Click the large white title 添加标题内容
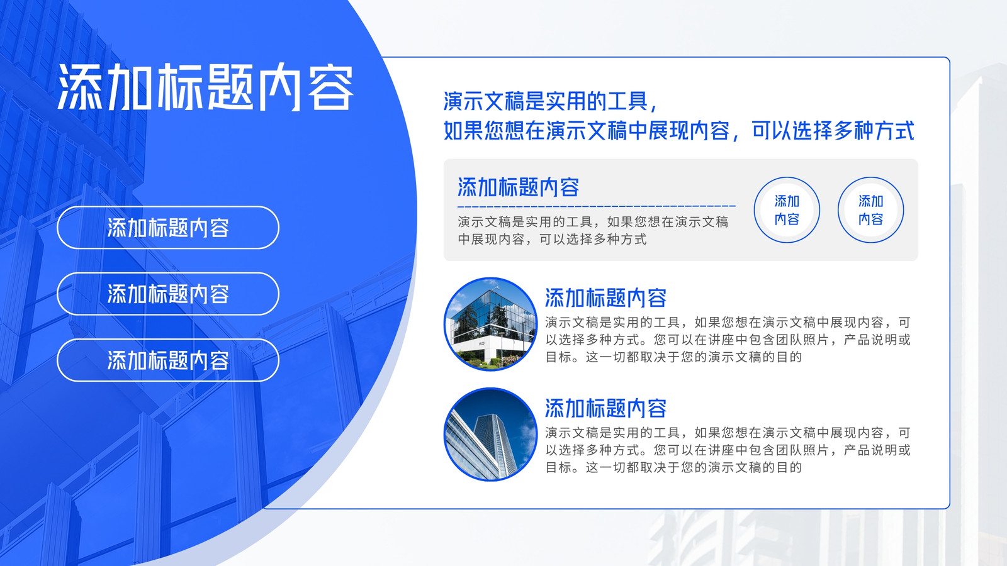(x=205, y=87)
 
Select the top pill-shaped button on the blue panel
(x=168, y=227)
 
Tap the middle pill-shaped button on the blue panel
(x=168, y=294)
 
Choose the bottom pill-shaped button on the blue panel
(x=168, y=360)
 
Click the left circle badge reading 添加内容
(x=787, y=210)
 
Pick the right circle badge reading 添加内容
(x=871, y=210)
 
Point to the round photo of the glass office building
(x=490, y=324)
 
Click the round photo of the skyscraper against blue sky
(x=490, y=435)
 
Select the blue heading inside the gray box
(x=519, y=187)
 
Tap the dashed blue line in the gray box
(x=597, y=206)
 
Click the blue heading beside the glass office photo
(x=605, y=298)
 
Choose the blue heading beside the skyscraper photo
(x=605, y=408)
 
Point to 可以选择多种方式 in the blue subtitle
(x=833, y=131)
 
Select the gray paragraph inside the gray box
(x=593, y=230)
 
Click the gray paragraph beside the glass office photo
(x=728, y=340)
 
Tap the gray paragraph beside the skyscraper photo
(x=728, y=450)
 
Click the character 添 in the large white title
(x=80, y=87)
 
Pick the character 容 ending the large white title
(x=331, y=87)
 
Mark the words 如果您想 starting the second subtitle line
(x=484, y=131)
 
